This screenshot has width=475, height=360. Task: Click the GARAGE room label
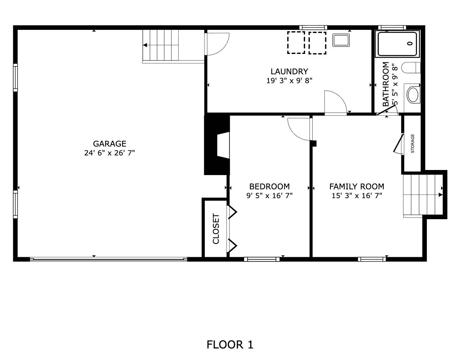110,144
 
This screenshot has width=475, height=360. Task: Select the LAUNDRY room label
289,72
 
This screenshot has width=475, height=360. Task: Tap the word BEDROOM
270,186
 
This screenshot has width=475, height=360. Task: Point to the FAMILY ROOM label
357,186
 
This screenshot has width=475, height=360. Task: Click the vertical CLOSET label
216,229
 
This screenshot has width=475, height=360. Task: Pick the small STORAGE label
413,144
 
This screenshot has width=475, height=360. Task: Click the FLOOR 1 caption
230,344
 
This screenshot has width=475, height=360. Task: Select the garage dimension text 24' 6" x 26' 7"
110,153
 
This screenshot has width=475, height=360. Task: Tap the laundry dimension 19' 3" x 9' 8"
289,81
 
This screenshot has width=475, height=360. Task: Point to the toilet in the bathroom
411,68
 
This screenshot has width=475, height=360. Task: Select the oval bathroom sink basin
413,95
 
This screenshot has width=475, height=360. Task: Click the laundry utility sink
341,40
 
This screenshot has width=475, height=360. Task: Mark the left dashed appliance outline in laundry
296,43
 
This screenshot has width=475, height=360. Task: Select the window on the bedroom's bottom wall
262,259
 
